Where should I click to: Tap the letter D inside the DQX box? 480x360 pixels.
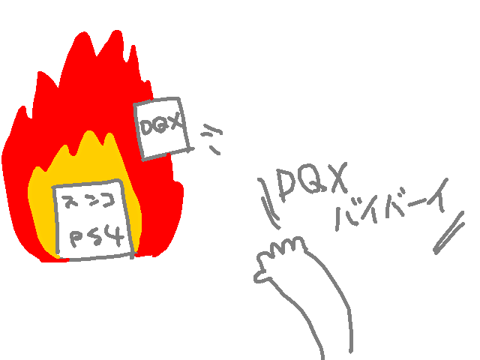tap(147, 125)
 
